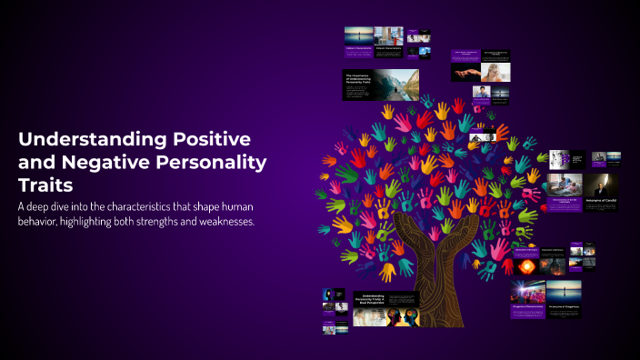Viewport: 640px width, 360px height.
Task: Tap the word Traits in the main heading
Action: coord(46,185)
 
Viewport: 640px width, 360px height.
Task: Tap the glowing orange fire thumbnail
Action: coord(525,267)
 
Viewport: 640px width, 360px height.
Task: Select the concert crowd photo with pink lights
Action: coord(527,293)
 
